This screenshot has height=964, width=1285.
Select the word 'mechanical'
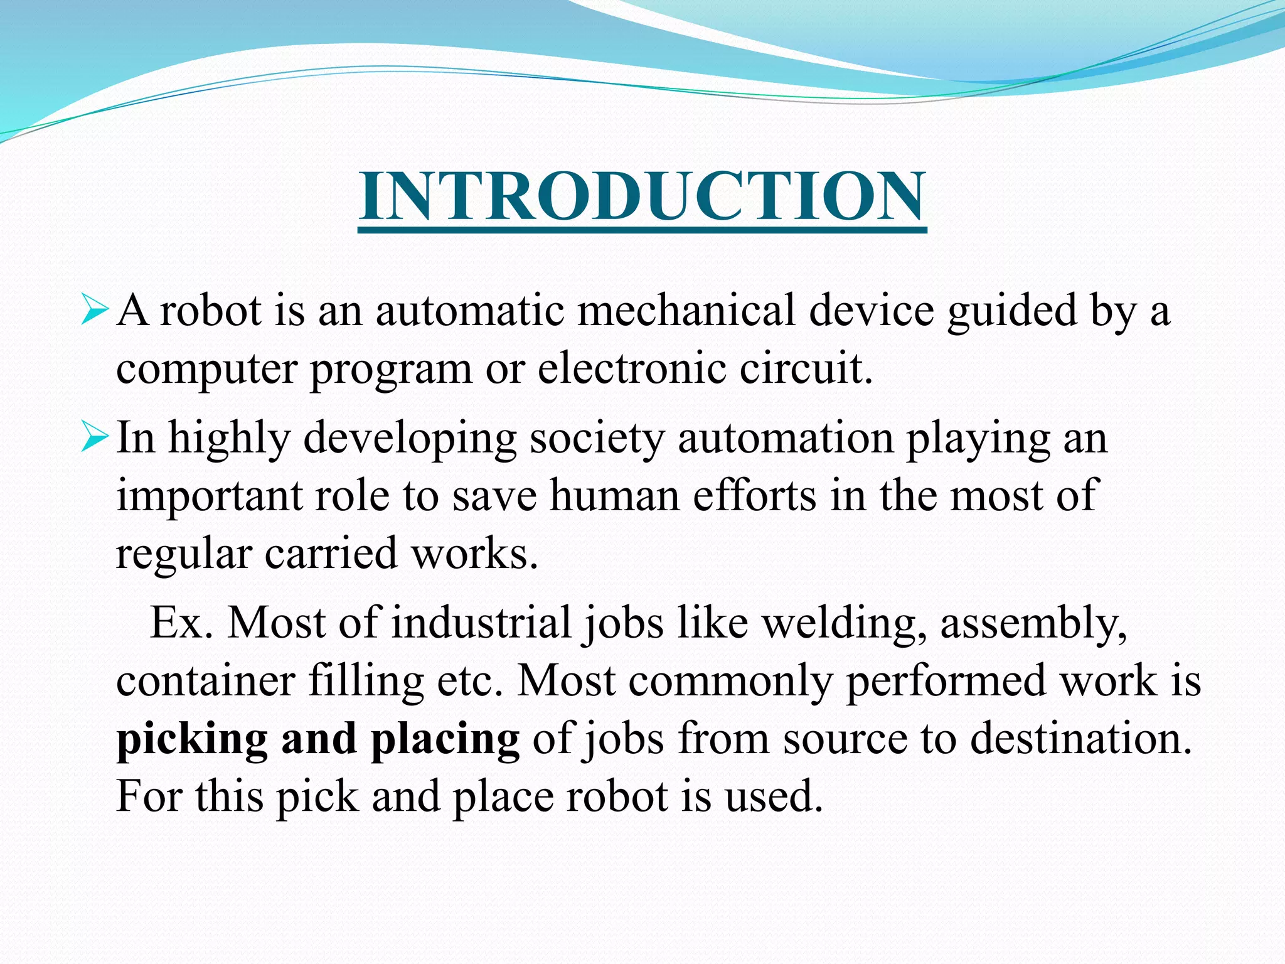686,310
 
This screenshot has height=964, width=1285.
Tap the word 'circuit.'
806,368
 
